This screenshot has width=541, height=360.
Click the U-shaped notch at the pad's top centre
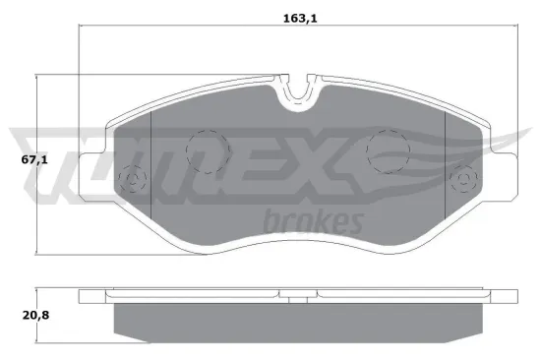pos(298,93)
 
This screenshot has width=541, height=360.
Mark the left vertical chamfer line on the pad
pos(150,167)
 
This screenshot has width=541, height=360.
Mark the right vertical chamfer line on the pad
pos(445,167)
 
